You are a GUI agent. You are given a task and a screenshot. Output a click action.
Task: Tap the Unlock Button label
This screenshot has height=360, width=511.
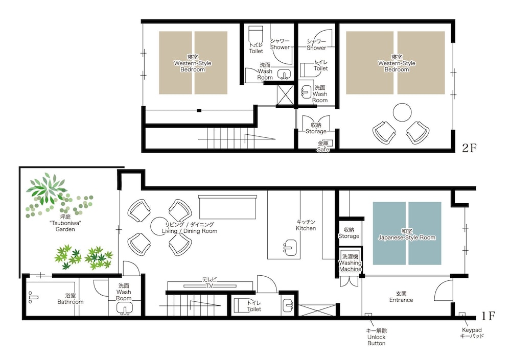click(x=377, y=337)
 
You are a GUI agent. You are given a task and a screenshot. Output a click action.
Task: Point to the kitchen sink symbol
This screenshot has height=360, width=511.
click(x=290, y=247)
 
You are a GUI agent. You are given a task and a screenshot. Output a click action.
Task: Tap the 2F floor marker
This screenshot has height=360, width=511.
click(x=469, y=148)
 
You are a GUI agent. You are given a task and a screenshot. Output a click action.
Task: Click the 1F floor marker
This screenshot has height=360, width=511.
click(x=488, y=316)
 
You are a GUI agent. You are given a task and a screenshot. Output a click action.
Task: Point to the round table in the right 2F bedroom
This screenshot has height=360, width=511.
click(x=402, y=112)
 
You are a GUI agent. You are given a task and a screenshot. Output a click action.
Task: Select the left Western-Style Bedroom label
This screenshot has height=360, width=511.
click(x=193, y=63)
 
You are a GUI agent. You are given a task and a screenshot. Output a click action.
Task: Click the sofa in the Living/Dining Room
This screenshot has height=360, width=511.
click(x=227, y=207)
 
